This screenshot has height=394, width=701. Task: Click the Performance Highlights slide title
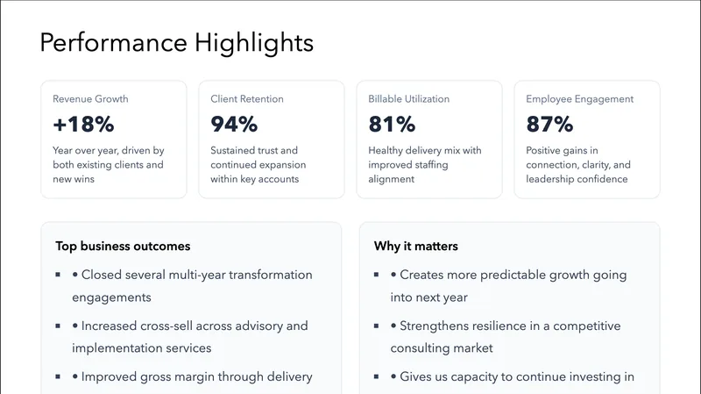coord(176,43)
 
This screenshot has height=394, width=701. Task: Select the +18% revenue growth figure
coord(83,125)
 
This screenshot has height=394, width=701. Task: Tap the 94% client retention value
coord(234,125)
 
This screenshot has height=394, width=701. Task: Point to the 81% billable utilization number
coord(392,125)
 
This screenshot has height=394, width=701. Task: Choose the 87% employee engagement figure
coord(549,125)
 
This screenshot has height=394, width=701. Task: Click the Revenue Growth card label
coord(90,99)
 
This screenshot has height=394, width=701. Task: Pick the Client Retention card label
coord(247,99)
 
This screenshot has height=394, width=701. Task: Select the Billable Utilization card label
coord(407,99)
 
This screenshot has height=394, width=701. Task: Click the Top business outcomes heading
coord(123,247)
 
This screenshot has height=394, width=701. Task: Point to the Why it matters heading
coord(415,247)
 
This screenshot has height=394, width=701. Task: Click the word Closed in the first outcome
coord(102,275)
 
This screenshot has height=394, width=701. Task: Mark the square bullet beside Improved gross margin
coord(58,376)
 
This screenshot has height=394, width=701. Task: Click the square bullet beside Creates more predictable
coord(377,275)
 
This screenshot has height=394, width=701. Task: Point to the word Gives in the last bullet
coord(416,376)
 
